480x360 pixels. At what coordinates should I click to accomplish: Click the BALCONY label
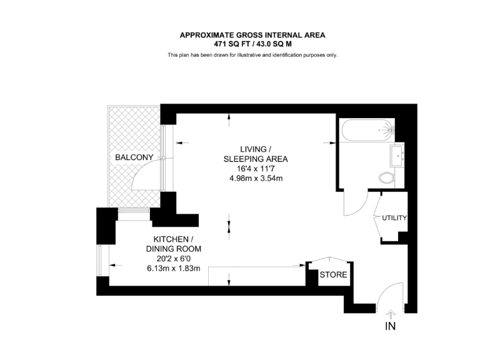tap(134, 158)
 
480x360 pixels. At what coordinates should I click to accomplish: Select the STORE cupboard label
tap(333, 274)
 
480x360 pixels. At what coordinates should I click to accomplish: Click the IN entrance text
tap(391, 326)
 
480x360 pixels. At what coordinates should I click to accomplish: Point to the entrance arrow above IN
tap(391, 314)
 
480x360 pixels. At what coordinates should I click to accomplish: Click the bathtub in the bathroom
tap(367, 131)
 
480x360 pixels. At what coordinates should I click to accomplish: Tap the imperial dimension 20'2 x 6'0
tap(173, 258)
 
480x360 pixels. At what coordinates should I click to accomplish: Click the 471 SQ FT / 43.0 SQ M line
tap(252, 44)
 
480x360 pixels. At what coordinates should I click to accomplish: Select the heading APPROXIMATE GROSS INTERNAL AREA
tap(252, 36)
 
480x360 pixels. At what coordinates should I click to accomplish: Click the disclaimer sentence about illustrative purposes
tap(252, 56)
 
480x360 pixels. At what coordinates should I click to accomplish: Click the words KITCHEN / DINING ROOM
tap(173, 244)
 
